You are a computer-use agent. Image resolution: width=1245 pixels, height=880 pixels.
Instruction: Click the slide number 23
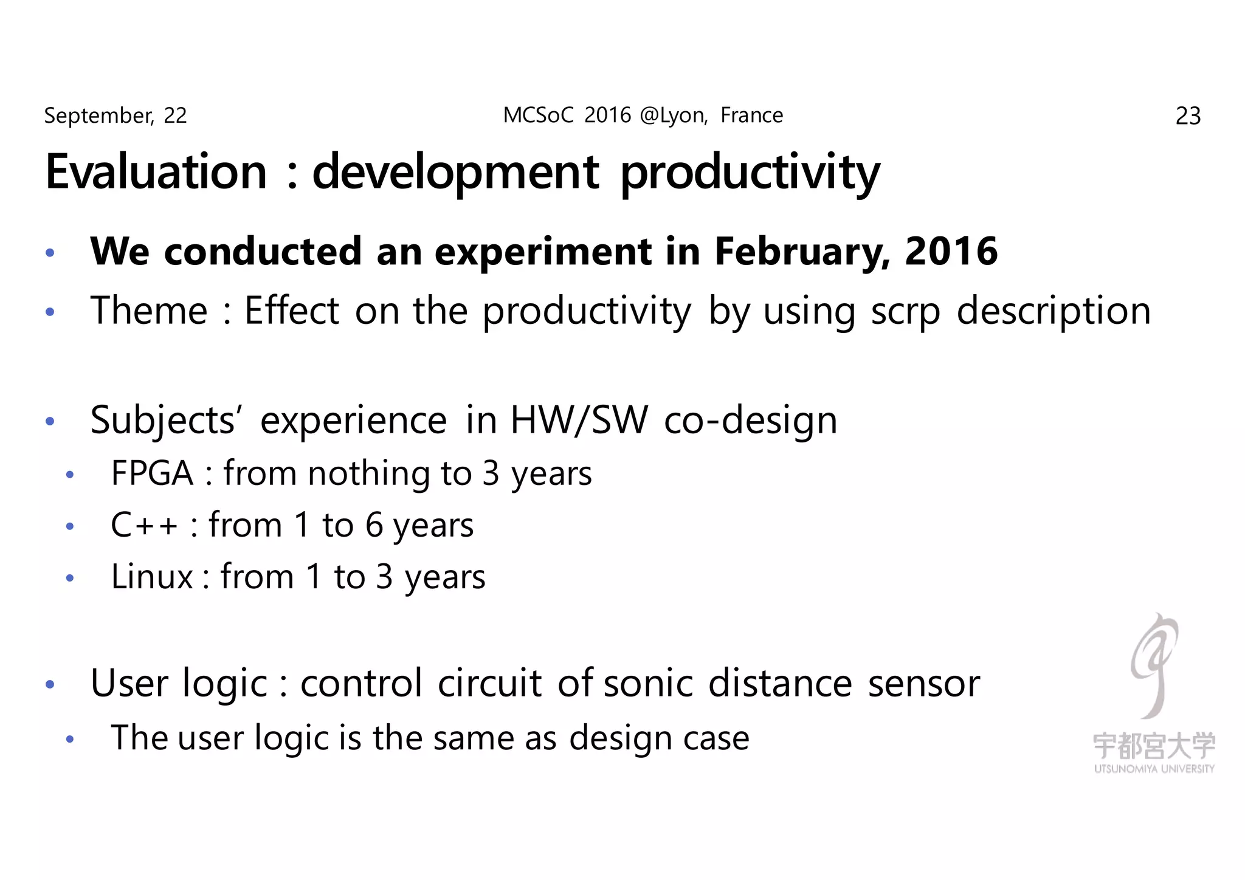click(1188, 116)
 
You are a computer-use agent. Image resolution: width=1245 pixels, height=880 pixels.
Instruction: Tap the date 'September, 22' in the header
click(115, 115)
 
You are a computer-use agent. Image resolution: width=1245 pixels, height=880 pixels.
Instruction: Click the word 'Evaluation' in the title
click(156, 172)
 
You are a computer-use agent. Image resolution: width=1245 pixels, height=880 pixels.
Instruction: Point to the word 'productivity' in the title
click(750, 173)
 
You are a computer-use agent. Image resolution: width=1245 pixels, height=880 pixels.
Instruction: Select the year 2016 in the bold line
click(951, 252)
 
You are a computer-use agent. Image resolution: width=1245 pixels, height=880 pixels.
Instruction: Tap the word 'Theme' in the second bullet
click(149, 311)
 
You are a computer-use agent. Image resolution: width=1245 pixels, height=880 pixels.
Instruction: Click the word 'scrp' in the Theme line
click(905, 312)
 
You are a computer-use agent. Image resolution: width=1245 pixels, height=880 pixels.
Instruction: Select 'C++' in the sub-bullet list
click(144, 524)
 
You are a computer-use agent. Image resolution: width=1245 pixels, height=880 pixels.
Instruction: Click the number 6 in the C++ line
click(374, 524)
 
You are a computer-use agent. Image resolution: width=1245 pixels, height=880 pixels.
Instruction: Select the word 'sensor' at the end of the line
click(923, 683)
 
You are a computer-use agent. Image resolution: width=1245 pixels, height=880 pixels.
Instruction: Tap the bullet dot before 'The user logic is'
click(70, 740)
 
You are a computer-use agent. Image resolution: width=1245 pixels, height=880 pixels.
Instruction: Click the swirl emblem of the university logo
click(1153, 664)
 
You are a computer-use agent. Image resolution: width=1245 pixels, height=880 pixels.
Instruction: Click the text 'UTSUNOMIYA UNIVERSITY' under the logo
click(1154, 769)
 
